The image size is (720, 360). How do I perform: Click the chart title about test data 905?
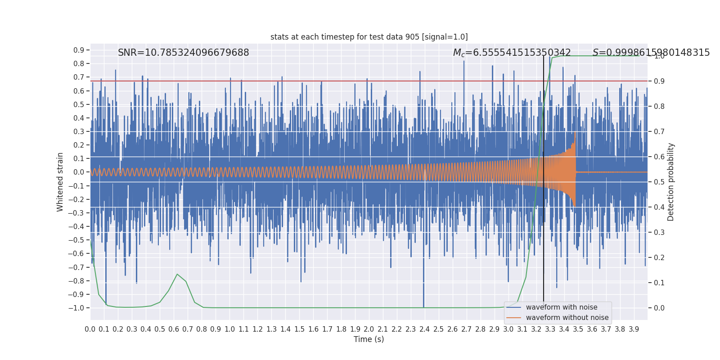pos(369,37)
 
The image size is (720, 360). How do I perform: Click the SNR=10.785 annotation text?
pos(183,53)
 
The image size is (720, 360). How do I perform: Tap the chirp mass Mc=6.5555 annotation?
pos(512,53)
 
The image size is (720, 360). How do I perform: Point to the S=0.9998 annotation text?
pos(651,53)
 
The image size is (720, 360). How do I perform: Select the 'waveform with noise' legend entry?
pos(561,307)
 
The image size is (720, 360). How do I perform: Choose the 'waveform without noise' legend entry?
pos(567,318)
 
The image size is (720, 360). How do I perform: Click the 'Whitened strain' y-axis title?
pos(60,182)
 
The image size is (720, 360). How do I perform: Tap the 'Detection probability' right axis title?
pos(671,182)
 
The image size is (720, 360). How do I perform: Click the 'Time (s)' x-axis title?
pos(369,339)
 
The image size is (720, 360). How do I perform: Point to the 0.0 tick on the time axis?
pos(90,329)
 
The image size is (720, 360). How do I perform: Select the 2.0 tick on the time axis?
pos(369,329)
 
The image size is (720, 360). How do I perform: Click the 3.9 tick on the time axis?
pos(634,329)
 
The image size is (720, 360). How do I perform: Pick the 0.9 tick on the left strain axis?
pos(79,50)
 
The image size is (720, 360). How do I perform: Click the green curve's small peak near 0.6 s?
pos(177,274)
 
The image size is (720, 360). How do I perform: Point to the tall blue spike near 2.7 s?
pos(464,62)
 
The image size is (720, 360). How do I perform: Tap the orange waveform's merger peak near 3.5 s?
pos(575,133)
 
